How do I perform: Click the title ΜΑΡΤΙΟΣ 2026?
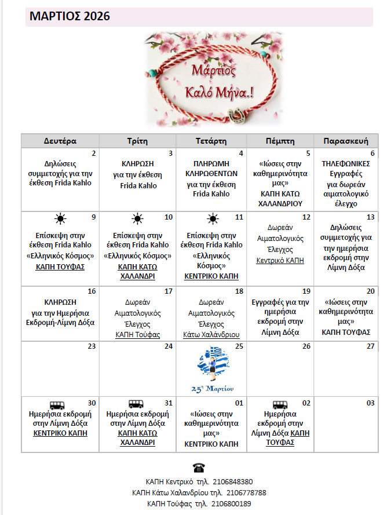pos(69,17)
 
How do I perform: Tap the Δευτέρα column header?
pos(60,141)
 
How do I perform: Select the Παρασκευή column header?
pos(346,141)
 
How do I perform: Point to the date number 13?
pos(371,217)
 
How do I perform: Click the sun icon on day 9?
pos(60,219)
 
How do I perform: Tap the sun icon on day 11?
pos(213,219)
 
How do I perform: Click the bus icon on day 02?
pos(280,404)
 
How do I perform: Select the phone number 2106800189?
pos(231,503)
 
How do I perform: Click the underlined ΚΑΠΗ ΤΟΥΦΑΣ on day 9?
pos(60,266)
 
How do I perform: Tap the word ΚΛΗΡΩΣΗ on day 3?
pos(138,164)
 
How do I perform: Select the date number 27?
pos(371,346)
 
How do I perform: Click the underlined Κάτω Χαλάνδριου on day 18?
pos(211,334)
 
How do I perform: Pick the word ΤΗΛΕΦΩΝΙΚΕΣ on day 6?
pos(346,164)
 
